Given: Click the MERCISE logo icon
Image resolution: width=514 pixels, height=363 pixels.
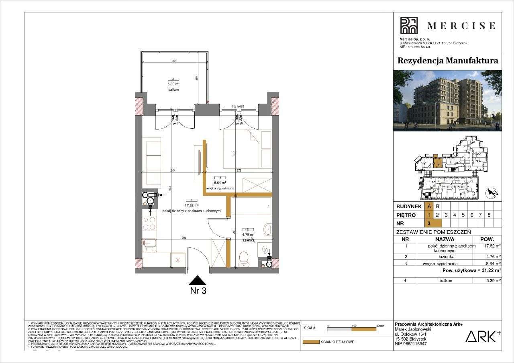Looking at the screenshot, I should coord(409,25).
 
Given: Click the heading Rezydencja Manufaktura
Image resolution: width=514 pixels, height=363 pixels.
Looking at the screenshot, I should coord(447,61).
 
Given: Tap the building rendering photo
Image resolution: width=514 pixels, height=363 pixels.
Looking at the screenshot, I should coord(447,101).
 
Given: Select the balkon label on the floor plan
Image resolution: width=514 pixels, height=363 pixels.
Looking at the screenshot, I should coord(173,90).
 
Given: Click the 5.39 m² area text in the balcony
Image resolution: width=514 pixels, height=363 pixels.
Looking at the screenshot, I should coord(173,85).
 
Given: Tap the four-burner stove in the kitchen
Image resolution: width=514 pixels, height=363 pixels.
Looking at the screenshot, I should coord(150,223).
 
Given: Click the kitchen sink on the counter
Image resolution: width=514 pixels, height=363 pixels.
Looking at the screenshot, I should coord(150,243).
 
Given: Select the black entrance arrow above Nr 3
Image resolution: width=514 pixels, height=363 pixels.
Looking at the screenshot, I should coord(197,280).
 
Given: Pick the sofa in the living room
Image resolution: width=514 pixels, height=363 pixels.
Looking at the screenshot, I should coord(153,162).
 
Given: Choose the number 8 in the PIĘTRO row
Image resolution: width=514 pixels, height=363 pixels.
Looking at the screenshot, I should coord(489,215).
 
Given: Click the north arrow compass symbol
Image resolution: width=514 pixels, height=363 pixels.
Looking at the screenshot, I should coord(492,193).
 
